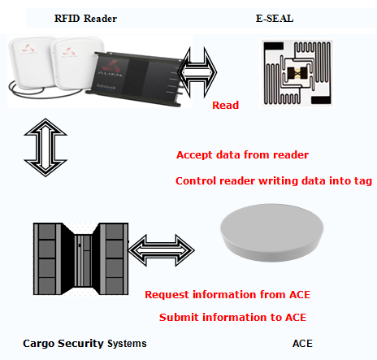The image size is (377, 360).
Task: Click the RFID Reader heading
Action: [85, 19]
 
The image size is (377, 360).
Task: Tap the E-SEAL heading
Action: [275, 19]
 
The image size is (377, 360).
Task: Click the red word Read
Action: [225, 105]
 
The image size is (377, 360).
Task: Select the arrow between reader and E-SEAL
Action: [197, 72]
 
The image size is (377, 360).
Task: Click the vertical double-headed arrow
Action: [45, 147]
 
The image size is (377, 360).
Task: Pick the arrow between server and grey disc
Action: [162, 250]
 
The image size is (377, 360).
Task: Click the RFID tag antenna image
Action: [297, 73]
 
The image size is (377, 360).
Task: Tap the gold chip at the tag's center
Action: [297, 72]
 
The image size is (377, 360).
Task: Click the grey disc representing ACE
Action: [271, 233]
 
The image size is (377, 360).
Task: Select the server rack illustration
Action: [80, 258]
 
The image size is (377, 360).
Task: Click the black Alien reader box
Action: [135, 77]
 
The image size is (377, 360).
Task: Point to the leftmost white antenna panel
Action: [31, 62]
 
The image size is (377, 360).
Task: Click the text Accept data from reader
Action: [242, 155]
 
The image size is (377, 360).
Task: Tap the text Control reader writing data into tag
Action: [274, 181]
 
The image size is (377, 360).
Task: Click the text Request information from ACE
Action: [227, 294]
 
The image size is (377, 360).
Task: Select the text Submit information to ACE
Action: [232, 317]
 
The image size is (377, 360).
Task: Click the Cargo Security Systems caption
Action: [84, 344]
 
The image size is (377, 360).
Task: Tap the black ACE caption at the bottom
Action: [302, 344]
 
